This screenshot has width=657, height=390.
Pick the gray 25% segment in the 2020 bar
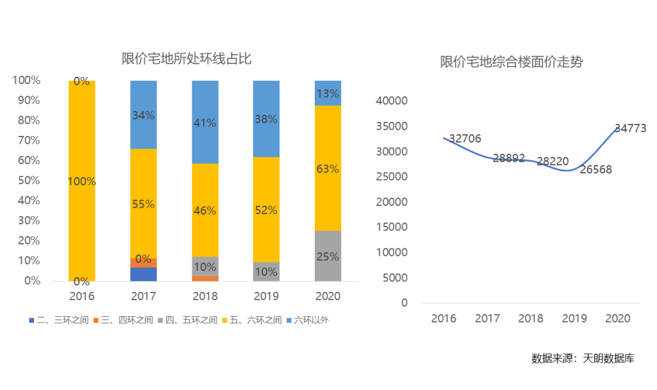pos(328,256)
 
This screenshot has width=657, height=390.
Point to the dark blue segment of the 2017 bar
pos(144,275)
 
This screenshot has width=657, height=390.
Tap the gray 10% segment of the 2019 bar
pos(266,272)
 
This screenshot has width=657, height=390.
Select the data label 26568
pos(595,170)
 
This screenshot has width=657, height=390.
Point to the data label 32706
pos(465,139)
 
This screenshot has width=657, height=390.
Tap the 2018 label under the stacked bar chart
pos(205,296)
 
